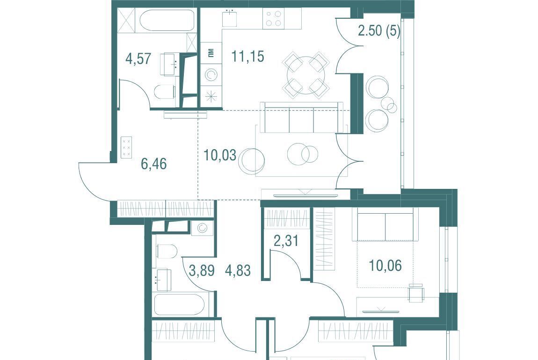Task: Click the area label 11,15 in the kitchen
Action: (248, 56)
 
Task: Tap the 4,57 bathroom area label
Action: (138, 58)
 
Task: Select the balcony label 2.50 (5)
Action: (379, 31)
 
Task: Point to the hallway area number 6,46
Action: (154, 164)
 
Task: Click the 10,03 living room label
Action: (220, 155)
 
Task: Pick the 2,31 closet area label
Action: (286, 241)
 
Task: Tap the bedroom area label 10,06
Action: (385, 266)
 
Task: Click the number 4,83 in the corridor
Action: (238, 271)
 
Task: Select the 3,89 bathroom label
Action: (202, 271)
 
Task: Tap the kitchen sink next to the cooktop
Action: (229, 18)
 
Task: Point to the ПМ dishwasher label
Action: (211, 53)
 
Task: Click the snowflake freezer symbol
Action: (211, 96)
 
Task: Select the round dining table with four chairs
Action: (305, 74)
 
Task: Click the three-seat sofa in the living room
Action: (302, 118)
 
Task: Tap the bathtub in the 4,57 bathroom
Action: (167, 21)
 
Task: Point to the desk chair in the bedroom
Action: (416, 293)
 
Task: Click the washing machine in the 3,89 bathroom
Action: (202, 228)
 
